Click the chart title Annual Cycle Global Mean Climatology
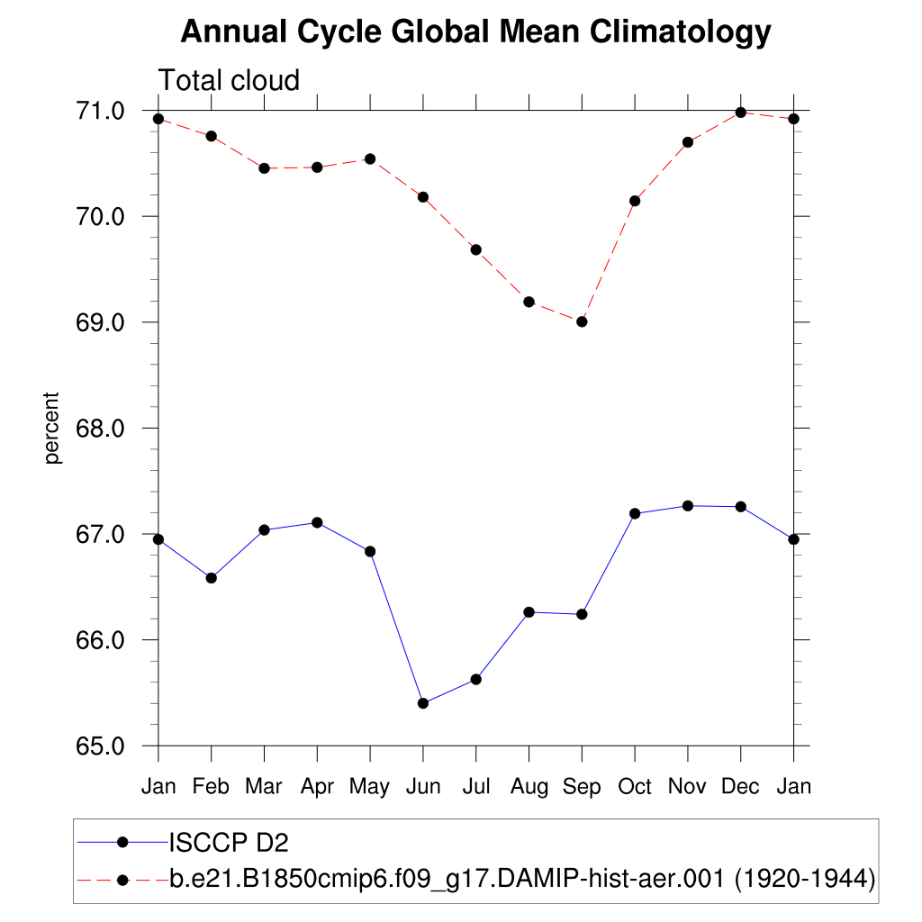pos(475,32)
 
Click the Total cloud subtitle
pos(229,80)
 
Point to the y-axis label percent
pos(52,428)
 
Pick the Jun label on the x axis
pos(422,787)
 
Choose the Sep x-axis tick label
pos(582,787)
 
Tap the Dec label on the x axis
pos(741,787)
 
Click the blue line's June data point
pos(423,703)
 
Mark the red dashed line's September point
pos(582,321)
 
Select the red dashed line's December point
pos(741,113)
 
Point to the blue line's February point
pos(211,578)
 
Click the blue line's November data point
pos(688,506)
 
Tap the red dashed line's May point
pos(370,158)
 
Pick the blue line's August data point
pos(529,612)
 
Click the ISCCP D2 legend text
pos(229,843)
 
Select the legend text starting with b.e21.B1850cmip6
pos(522,878)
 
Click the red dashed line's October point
pos(635,201)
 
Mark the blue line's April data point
pos(317,522)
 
